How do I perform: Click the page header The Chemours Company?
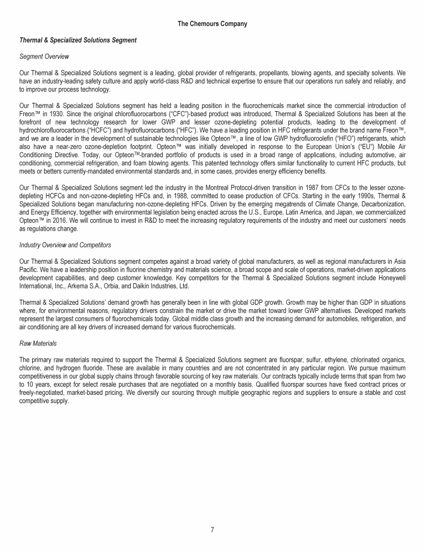click(x=212, y=24)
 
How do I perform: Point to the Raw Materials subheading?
click(x=38, y=343)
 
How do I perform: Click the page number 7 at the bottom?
click(x=212, y=529)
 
